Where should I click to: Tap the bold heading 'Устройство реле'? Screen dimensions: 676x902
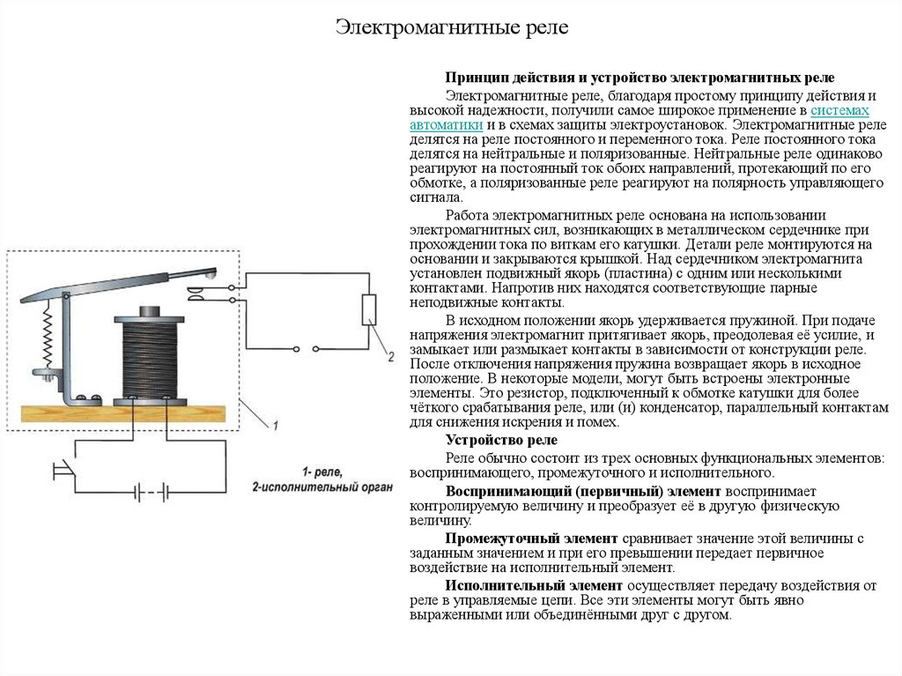501,440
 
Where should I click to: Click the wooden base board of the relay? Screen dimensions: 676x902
123,417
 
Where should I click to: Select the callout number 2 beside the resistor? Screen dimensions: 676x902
388,357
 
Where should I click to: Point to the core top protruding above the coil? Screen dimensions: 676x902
147,311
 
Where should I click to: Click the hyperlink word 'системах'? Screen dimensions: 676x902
839,111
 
